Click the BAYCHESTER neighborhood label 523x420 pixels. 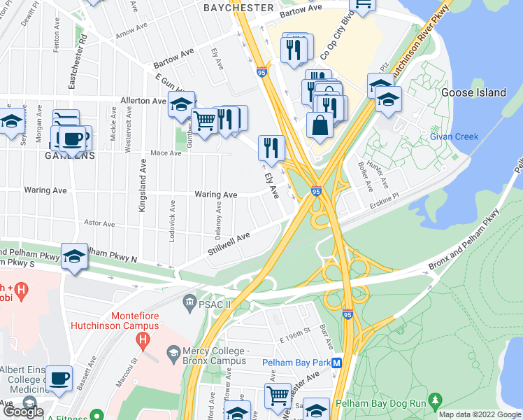pyautogui.click(x=238, y=7)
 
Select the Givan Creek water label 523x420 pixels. pyautogui.click(x=454, y=136)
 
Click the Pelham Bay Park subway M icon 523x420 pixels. pyautogui.click(x=336, y=363)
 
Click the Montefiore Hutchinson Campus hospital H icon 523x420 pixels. pyautogui.click(x=143, y=341)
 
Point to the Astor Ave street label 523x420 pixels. pyautogui.click(x=99, y=223)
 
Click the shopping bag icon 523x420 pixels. pyautogui.click(x=320, y=126)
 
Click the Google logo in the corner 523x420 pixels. pyautogui.click(x=23, y=412)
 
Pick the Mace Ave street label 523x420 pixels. pyautogui.click(x=166, y=153)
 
